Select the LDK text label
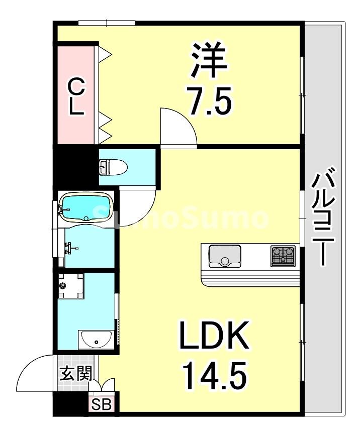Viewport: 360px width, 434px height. tap(214, 338)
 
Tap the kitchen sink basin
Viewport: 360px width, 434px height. tap(225, 255)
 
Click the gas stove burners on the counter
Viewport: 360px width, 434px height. tap(283, 255)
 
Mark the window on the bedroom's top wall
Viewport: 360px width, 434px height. tap(107, 23)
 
